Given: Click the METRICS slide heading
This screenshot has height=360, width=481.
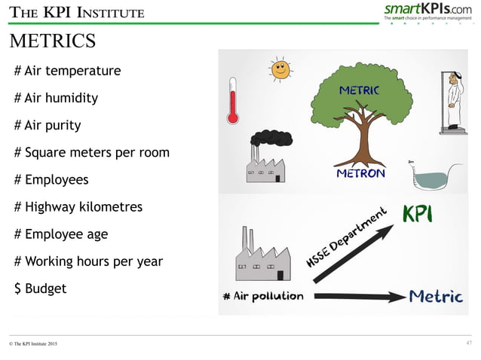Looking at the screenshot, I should tap(52, 40).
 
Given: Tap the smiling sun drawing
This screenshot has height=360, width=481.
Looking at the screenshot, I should tap(280, 69).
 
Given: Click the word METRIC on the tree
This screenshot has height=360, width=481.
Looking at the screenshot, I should tap(359, 91).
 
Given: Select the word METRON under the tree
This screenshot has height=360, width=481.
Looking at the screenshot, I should tap(360, 173).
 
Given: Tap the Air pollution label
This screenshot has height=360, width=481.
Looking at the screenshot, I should tap(263, 295).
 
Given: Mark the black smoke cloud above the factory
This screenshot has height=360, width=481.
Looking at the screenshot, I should tap(271, 138).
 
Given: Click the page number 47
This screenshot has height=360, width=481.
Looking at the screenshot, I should tap(469, 343).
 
